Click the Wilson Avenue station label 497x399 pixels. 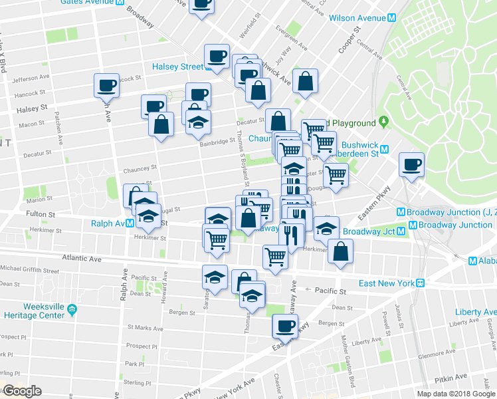[357, 18]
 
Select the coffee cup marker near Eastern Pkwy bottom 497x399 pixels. [286, 327]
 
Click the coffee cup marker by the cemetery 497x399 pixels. [411, 164]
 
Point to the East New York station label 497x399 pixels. [387, 283]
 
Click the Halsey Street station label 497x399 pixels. [177, 66]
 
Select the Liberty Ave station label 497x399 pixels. [476, 312]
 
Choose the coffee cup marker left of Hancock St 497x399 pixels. [106, 85]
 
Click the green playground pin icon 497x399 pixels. [383, 122]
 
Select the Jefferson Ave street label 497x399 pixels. [31, 78]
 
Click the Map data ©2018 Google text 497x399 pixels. [456, 394]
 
